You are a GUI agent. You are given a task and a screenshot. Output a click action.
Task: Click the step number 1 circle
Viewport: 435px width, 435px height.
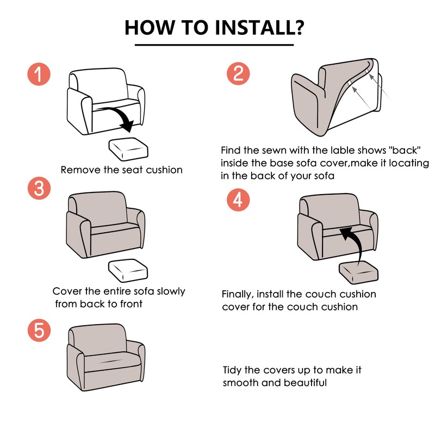click(39, 74)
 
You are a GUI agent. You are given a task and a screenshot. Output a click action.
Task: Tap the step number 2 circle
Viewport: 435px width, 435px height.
click(238, 73)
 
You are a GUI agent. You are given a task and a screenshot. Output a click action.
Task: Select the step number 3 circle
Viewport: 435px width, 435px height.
click(39, 188)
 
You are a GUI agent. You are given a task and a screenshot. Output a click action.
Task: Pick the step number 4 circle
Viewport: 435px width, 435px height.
click(238, 200)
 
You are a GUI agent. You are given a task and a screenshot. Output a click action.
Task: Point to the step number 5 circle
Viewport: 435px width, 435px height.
click(39, 330)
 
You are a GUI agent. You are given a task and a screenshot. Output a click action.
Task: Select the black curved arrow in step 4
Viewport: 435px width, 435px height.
click(354, 244)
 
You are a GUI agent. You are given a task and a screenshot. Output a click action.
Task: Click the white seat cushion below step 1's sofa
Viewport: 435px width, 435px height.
click(128, 149)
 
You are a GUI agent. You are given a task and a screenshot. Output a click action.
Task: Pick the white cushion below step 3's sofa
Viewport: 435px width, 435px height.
click(128, 270)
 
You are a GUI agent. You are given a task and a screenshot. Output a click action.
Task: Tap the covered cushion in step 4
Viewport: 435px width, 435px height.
click(358, 274)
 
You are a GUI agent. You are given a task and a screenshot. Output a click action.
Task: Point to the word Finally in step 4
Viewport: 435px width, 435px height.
click(238, 294)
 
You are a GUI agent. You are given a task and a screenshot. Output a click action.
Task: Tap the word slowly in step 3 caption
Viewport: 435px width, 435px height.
click(171, 291)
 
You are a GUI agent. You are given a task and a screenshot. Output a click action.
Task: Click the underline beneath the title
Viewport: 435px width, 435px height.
click(214, 45)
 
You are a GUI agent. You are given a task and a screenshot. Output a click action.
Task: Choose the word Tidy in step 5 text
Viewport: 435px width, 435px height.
click(233, 370)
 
